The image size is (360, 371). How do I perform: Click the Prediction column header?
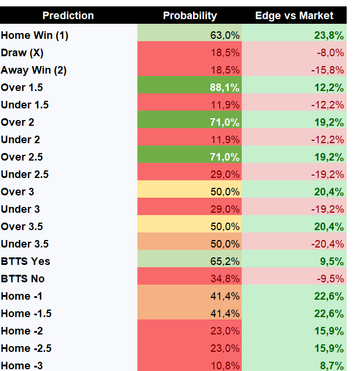coord(68,16)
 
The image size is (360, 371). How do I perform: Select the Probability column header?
coord(190,16)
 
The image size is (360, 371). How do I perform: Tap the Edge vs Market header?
coord(294,16)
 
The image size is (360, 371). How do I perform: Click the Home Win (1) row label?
coord(35,35)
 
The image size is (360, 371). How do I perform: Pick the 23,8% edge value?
coord(329,35)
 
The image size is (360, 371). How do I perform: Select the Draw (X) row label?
coord(22,53)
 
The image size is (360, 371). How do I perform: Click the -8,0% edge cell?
coord(330,53)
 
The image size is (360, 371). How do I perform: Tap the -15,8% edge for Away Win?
coord(328,70)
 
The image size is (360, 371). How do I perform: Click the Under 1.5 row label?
coord(24,105)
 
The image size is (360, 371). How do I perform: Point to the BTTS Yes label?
coord(26,261)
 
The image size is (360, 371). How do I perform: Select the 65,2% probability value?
coord(225,261)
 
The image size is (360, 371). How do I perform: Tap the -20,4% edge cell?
coord(328,244)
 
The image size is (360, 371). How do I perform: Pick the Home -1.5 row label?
coord(26,314)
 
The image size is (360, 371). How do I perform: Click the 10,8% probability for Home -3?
coord(225,366)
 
